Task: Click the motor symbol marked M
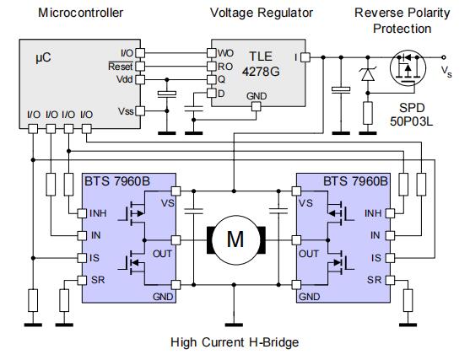tap(236, 240)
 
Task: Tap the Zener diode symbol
tap(368, 74)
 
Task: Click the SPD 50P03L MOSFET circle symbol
tap(408, 67)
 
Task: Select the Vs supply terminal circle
tap(444, 57)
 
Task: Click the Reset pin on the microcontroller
tap(140, 67)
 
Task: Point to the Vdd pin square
tap(140, 79)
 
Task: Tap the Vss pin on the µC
tap(140, 111)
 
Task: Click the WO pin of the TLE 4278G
tap(212, 53)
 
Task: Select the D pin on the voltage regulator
tap(212, 93)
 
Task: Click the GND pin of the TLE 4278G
tap(257, 106)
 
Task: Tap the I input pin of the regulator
tap(305, 57)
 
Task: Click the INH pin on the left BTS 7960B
tap(82, 213)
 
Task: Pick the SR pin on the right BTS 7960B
tap(390, 281)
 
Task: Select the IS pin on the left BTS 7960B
tap(82, 258)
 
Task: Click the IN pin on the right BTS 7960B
tap(390, 236)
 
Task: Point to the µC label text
tap(43, 57)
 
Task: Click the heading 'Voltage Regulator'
tap(262, 13)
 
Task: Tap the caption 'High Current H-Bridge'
tap(235, 342)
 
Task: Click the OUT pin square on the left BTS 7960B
tap(176, 240)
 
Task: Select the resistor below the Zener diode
tap(368, 113)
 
